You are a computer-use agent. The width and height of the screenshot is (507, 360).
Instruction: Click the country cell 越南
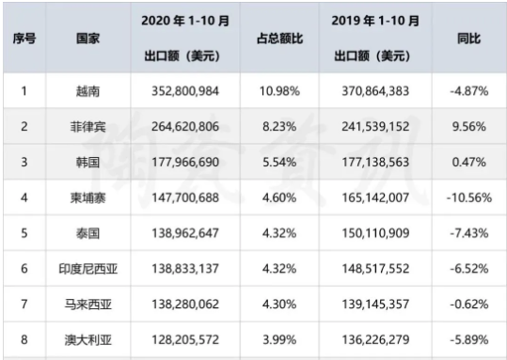[x=88, y=93]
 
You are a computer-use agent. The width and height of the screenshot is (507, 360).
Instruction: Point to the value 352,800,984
[x=184, y=93]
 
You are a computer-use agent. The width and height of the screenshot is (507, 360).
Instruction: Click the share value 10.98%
[x=279, y=93]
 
